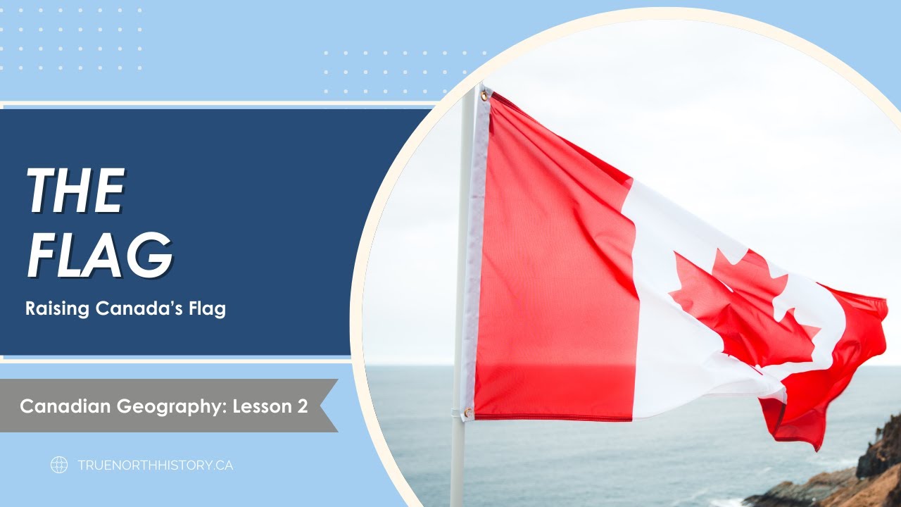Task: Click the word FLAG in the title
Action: click(99, 255)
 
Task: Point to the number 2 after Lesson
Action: click(302, 406)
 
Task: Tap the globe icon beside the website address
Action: click(59, 465)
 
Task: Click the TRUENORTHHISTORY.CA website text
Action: click(155, 465)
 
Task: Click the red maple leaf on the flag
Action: click(739, 303)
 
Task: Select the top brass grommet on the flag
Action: click(484, 95)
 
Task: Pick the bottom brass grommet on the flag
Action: click(468, 412)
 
